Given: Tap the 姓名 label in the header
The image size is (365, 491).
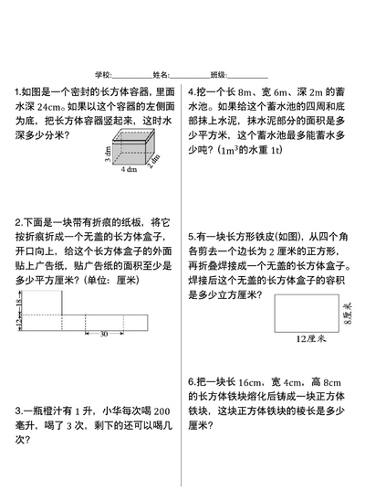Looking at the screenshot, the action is point(160,74).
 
